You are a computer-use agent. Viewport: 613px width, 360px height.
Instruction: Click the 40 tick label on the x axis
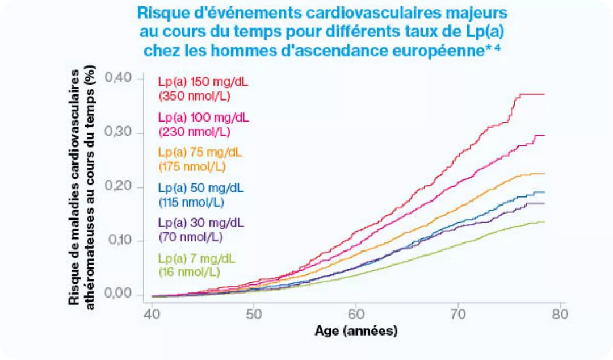point(152,314)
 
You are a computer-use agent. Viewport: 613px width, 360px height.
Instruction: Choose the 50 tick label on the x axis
point(254,314)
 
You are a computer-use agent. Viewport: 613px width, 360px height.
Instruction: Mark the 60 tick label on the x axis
point(356,314)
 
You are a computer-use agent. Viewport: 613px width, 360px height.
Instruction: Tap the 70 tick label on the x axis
point(458,314)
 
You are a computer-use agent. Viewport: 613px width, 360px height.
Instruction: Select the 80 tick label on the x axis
point(560,314)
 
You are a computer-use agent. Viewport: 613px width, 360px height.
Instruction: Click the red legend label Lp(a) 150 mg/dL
point(203,82)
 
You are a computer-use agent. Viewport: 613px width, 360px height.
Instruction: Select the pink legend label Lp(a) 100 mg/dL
point(203,118)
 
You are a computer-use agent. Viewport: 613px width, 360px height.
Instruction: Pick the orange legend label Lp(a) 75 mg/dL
point(200,153)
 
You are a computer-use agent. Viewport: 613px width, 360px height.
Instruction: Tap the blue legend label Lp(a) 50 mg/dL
point(200,189)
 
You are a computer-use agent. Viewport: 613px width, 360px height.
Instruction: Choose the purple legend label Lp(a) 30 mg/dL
point(200,223)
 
